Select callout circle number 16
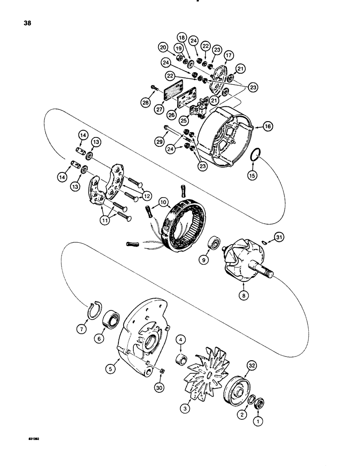pos(267,126)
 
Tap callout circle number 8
pos(242,295)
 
